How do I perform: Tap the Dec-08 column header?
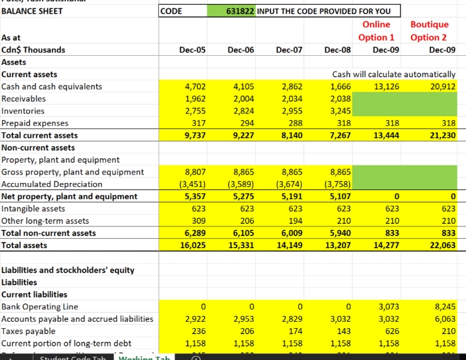click(x=337, y=50)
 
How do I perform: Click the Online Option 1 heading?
click(x=377, y=31)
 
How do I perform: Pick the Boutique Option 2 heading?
click(x=429, y=31)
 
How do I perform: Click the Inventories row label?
click(x=23, y=111)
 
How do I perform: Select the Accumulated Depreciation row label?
click(x=52, y=184)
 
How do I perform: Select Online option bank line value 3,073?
click(x=388, y=306)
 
